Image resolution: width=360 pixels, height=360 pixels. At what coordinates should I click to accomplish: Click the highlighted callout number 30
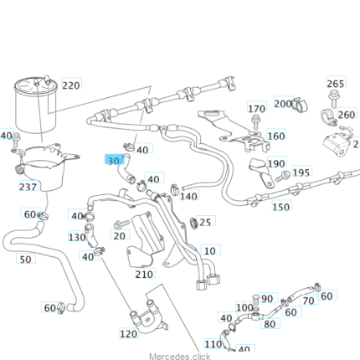[x=113, y=161]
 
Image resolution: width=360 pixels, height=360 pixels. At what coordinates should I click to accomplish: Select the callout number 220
[x=71, y=85]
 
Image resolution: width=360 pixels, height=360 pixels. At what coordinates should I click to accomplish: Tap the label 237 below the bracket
[x=28, y=187]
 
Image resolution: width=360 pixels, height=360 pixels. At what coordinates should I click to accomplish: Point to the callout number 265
[x=336, y=84]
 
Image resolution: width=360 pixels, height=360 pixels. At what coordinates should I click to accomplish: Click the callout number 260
[x=347, y=115]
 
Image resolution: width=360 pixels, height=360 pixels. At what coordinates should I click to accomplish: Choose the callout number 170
[x=256, y=109]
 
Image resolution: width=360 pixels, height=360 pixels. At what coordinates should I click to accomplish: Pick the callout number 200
[x=283, y=104]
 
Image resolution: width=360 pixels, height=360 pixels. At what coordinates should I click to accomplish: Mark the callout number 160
[x=276, y=136]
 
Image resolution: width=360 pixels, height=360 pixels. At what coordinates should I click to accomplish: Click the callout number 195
[x=301, y=172]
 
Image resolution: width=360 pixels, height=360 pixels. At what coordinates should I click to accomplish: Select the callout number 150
[x=280, y=207]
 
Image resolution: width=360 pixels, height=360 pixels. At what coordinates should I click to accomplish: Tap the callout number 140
[x=188, y=196]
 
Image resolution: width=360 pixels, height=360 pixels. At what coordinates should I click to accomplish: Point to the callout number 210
[x=144, y=274]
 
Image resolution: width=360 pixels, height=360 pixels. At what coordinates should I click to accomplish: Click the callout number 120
[x=128, y=334]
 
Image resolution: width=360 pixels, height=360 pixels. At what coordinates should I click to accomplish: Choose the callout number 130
[x=77, y=237]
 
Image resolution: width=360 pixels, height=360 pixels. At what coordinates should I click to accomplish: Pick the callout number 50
[x=25, y=260]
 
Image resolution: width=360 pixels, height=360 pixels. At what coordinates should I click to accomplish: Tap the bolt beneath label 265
[x=333, y=99]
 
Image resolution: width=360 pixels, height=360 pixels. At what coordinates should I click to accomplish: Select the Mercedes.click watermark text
[x=180, y=357]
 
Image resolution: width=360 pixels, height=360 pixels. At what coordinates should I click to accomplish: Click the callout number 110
[x=213, y=344]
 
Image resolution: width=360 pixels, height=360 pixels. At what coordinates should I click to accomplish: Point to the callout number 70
[x=308, y=301]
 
